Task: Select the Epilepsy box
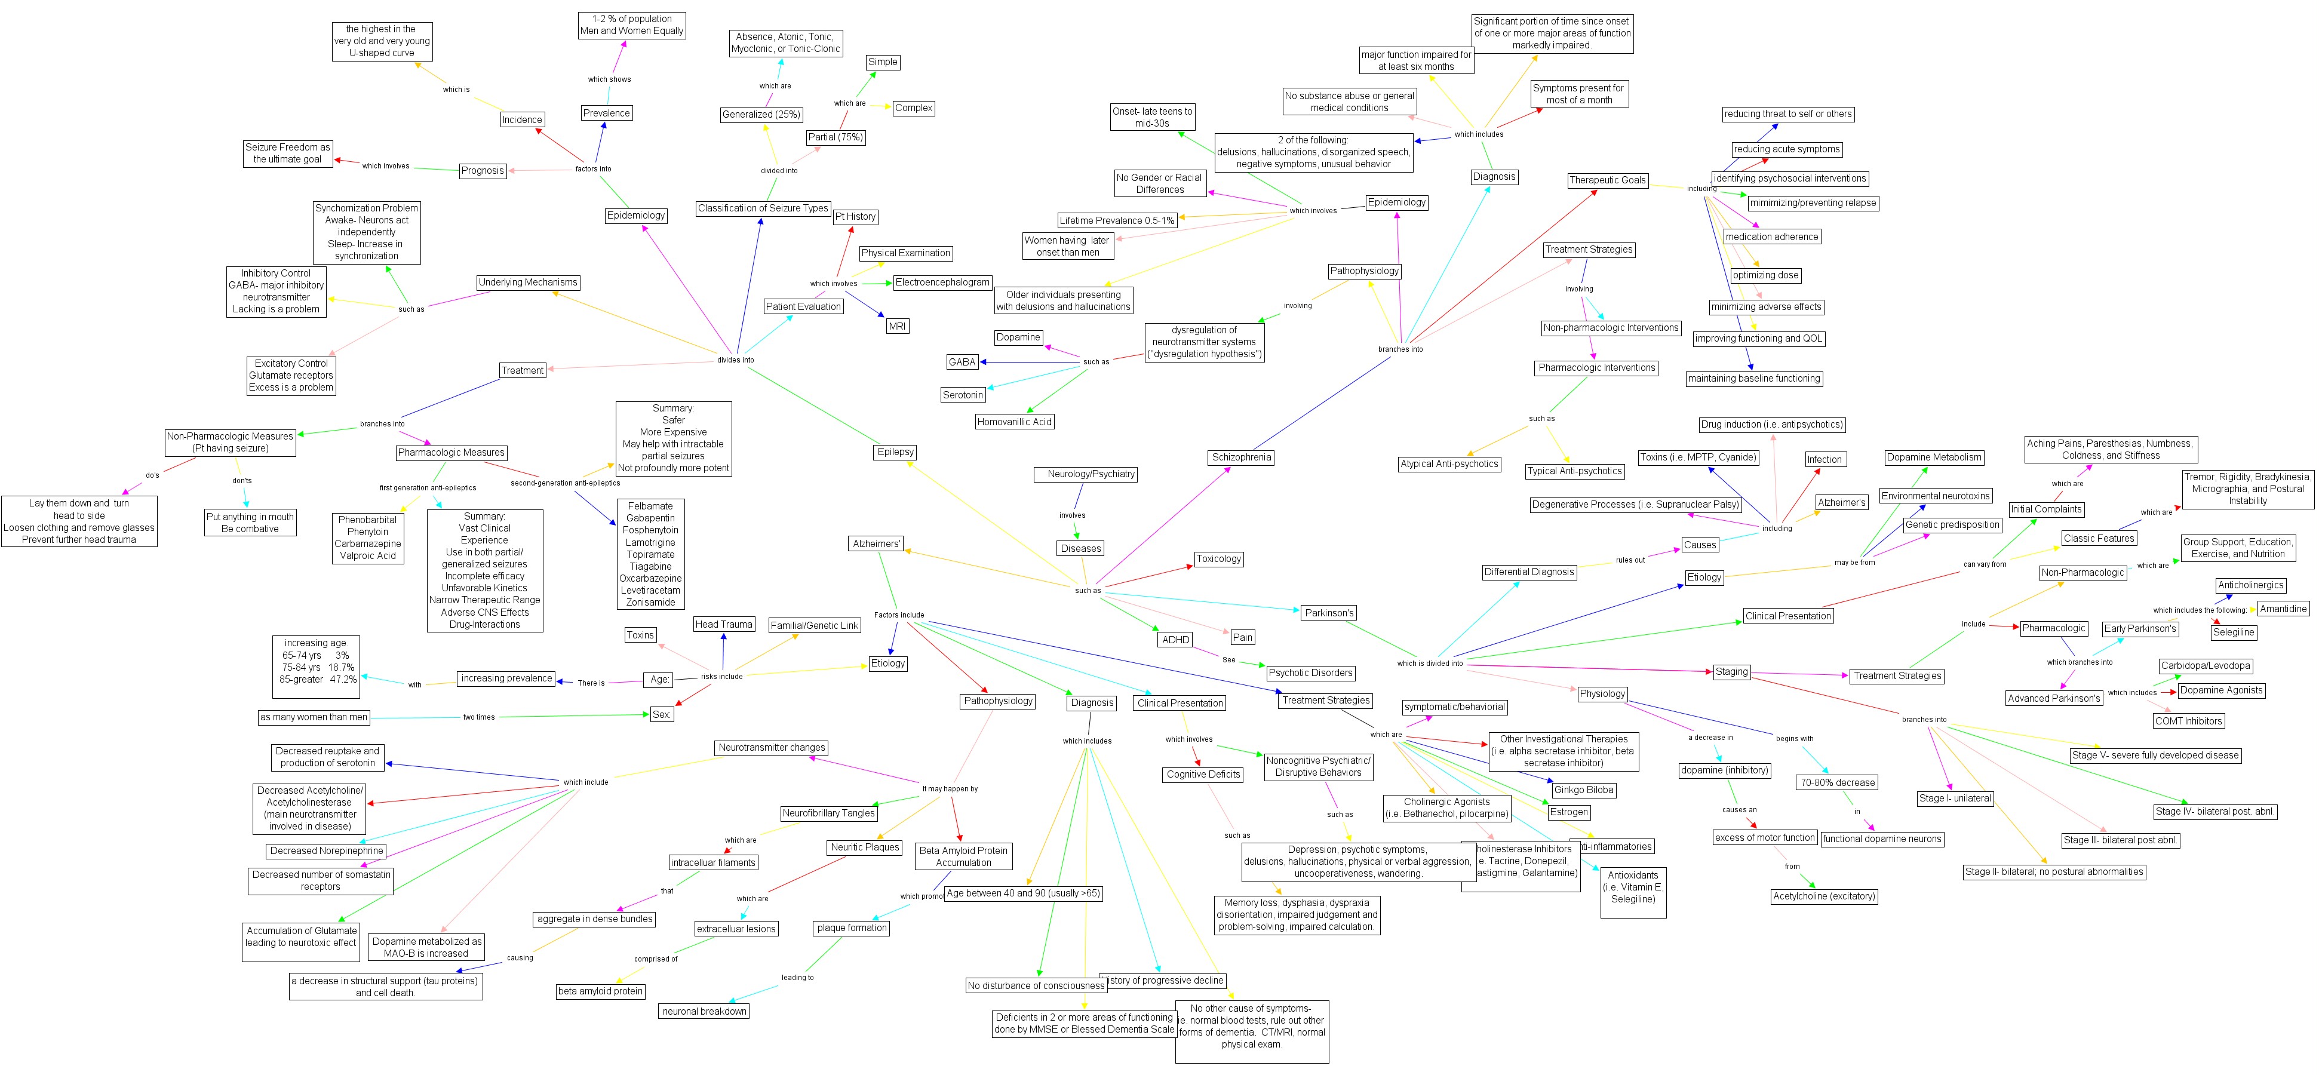coord(895,452)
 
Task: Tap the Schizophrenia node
coord(1242,457)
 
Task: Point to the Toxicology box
coord(1218,559)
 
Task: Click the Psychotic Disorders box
coord(1310,672)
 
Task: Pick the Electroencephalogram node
coord(942,282)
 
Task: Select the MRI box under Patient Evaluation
coord(896,326)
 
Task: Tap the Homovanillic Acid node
coord(1015,422)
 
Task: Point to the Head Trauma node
coord(724,624)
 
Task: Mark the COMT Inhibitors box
coord(2188,720)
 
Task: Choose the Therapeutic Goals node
coord(1607,180)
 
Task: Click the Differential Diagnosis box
coord(1529,572)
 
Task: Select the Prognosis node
coord(483,170)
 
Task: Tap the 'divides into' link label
coord(736,360)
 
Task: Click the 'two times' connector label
coord(479,718)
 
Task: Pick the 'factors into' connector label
coord(593,169)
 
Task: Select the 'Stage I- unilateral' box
coord(1955,798)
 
